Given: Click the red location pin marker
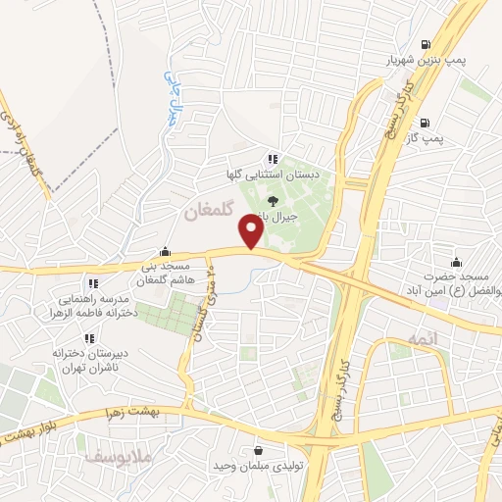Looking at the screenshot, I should pos(252,231).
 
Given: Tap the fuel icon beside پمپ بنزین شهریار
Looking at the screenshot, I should pos(424,44).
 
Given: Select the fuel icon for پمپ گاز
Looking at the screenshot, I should pos(424,124).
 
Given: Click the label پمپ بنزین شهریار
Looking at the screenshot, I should pos(423,60).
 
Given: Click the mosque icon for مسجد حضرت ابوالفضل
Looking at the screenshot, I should pos(456,262).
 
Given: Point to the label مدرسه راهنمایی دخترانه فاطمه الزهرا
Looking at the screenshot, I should pos(89,305).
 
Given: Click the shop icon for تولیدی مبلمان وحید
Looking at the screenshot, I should pos(258,450).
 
